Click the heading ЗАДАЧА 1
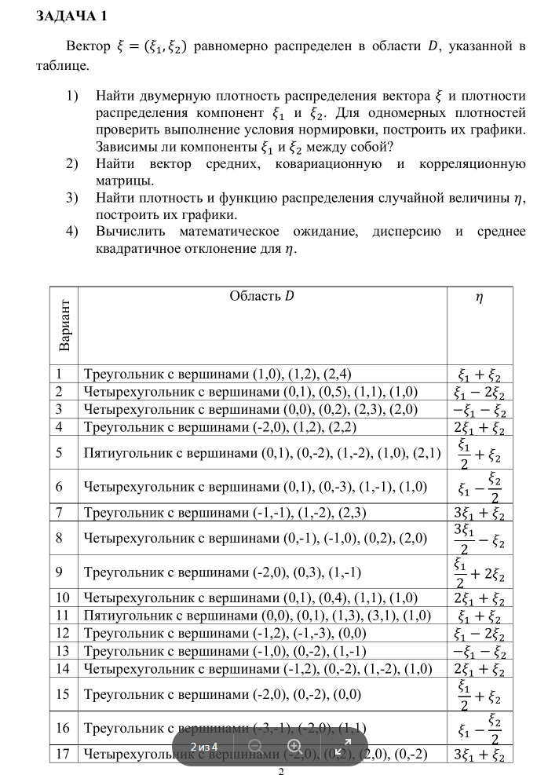[73, 16]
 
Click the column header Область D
[261, 296]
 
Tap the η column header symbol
[479, 298]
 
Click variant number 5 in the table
[60, 453]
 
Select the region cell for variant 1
[223, 374]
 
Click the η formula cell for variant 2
[479, 392]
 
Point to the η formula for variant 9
[479, 572]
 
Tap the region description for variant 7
[227, 514]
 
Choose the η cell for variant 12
[479, 634]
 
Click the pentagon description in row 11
[258, 615]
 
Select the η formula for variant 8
[479, 538]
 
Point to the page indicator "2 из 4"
[203, 746]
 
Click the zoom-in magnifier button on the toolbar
[295, 746]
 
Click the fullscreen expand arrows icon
[342, 746]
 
